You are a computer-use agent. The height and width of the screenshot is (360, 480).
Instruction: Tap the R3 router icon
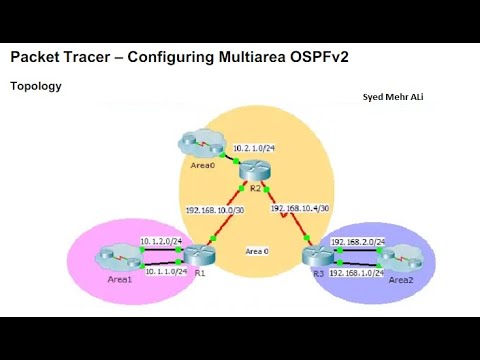click(x=315, y=256)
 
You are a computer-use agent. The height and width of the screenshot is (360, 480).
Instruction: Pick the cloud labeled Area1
click(x=113, y=257)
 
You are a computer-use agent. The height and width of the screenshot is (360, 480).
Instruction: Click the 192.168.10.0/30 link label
click(x=215, y=210)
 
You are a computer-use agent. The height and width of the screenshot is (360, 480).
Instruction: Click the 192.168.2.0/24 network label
click(x=358, y=242)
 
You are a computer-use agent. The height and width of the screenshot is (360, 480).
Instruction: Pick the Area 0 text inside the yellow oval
click(x=257, y=251)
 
